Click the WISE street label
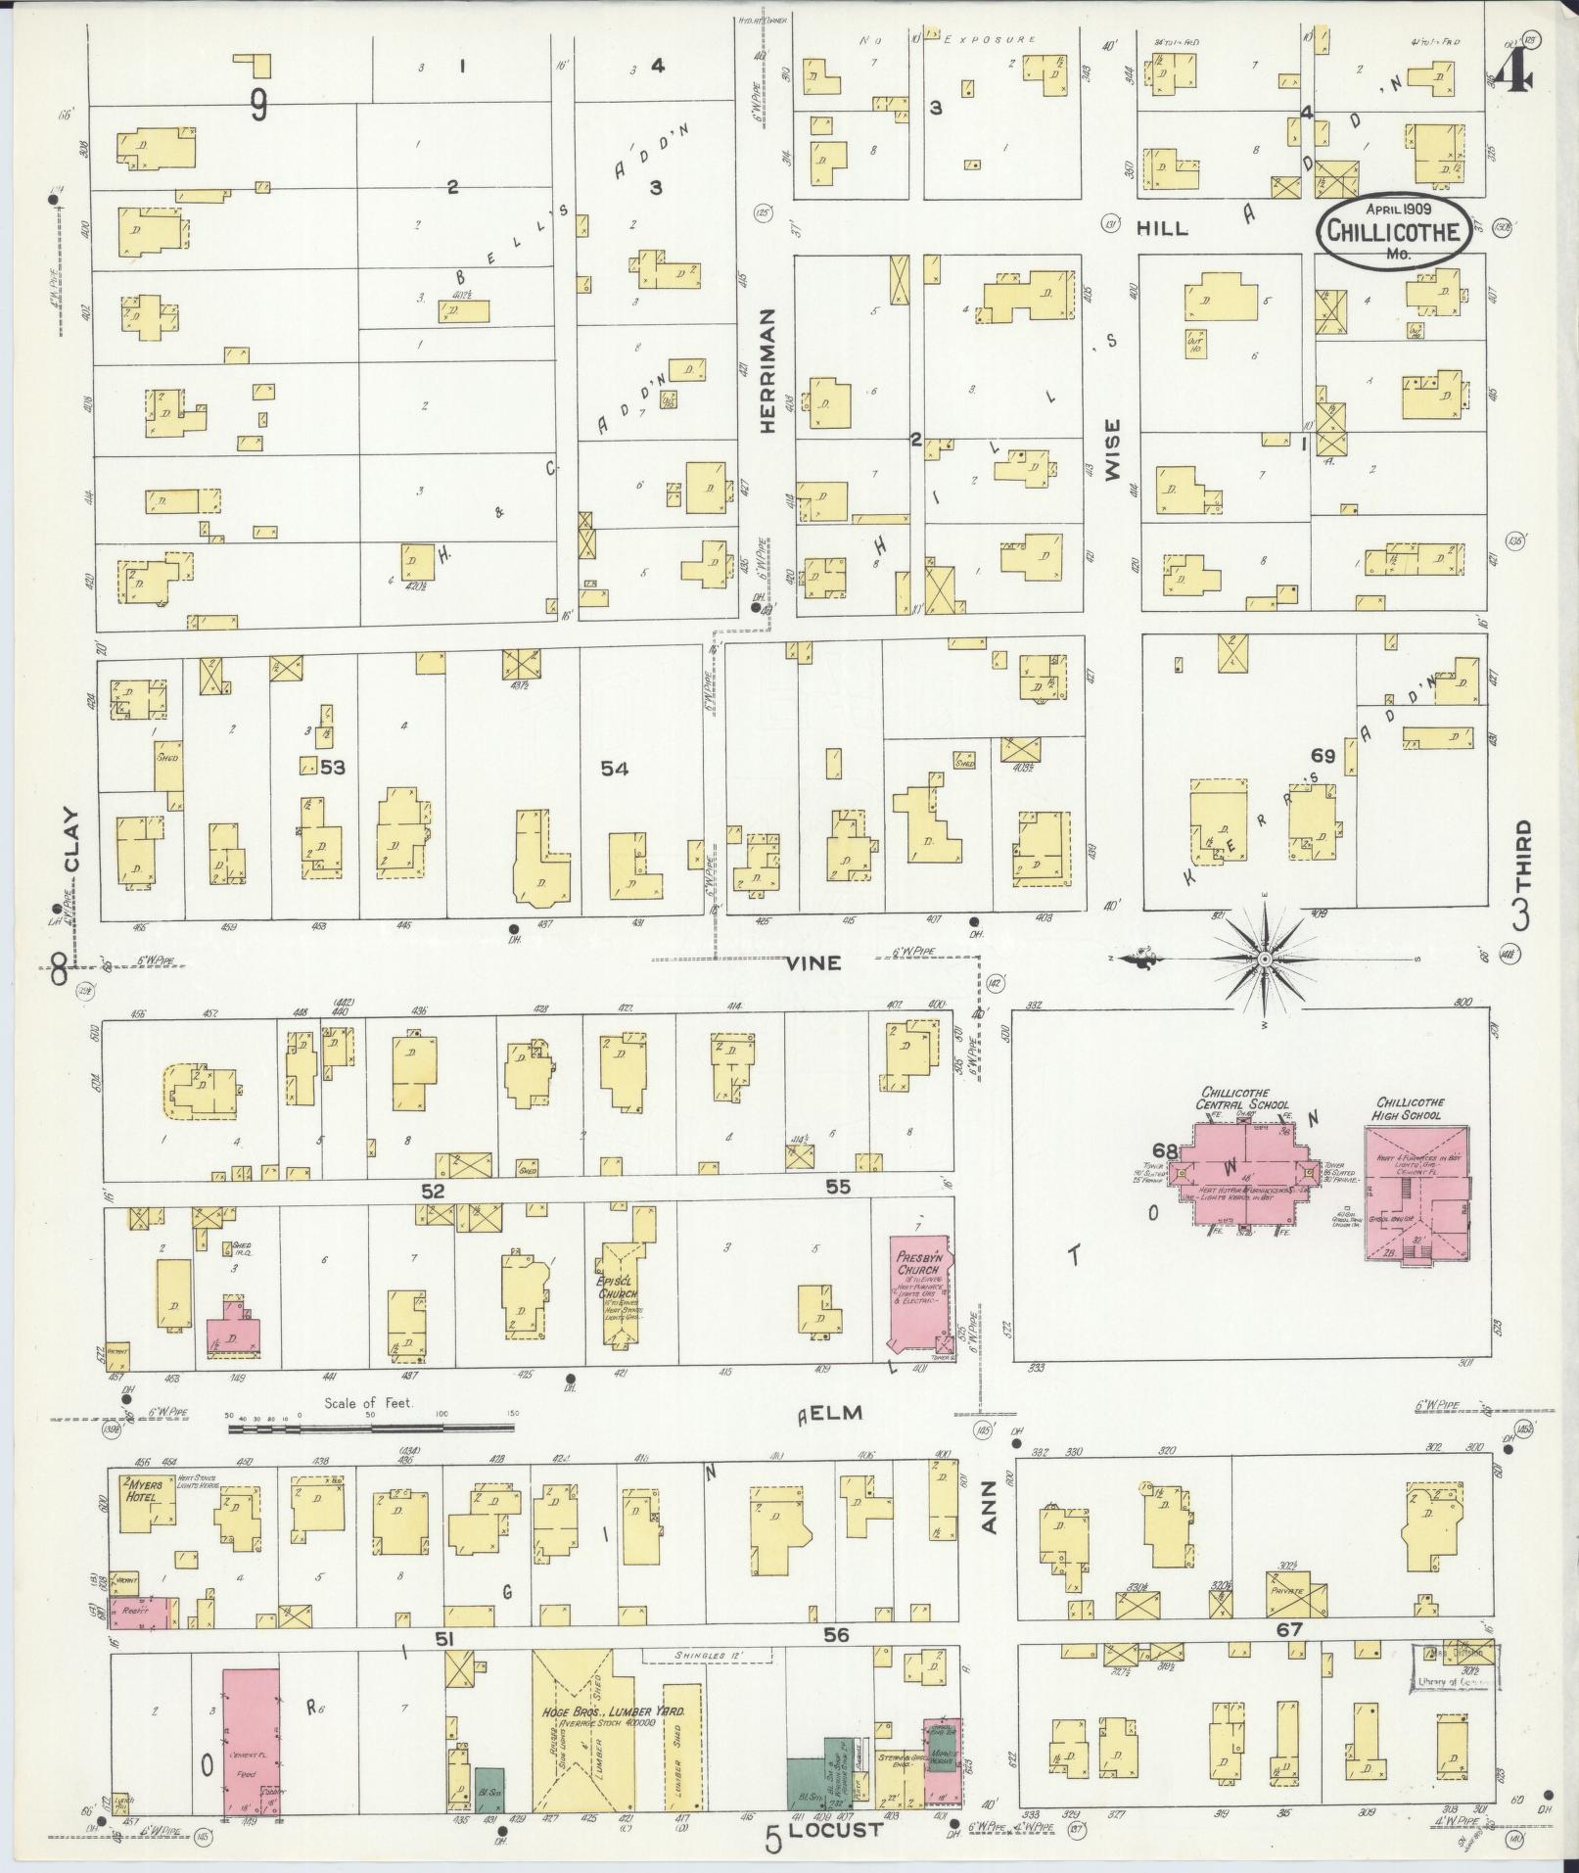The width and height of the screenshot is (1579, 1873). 1112,450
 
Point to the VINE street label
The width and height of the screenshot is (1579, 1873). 813,963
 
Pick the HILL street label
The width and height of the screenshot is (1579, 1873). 1162,228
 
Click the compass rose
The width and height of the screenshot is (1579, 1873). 1264,959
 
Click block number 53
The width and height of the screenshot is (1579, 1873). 333,768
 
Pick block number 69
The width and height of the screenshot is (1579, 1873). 1323,755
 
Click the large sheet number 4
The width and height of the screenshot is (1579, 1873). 1513,70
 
